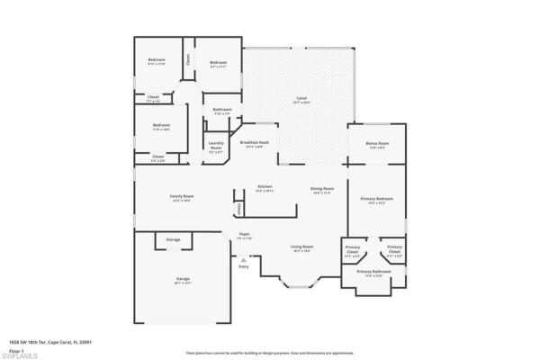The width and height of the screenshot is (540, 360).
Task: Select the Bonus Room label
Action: coord(377,143)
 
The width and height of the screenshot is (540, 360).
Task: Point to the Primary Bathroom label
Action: coord(373,271)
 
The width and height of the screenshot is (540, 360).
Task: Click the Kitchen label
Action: coord(265,187)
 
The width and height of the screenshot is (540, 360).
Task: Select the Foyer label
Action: coord(244,234)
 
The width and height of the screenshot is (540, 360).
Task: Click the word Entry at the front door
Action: coord(243,266)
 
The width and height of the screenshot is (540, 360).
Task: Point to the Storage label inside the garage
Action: coord(173,239)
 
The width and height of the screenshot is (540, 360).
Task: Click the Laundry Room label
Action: coord(216,144)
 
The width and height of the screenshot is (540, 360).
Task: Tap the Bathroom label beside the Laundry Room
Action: coord(222,110)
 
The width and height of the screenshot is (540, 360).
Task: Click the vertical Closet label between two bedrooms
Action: coord(188,59)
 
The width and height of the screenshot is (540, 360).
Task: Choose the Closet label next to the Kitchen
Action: coord(238,208)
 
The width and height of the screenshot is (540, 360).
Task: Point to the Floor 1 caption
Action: coord(16,350)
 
